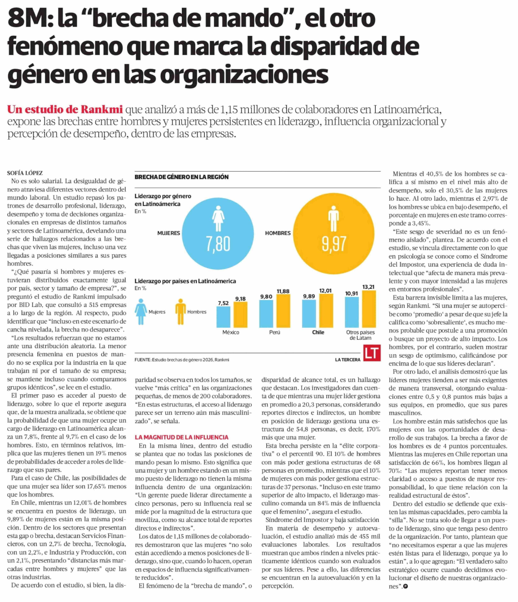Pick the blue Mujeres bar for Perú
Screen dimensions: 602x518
pyautogui.click(x=266, y=314)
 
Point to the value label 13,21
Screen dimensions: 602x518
pyautogui.click(x=368, y=287)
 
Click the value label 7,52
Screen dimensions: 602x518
pyautogui.click(x=223, y=303)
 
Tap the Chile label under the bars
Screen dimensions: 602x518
pyautogui.click(x=318, y=332)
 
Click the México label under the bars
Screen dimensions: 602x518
pyautogui.click(x=231, y=332)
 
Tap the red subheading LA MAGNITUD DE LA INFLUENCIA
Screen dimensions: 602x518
pyautogui.click(x=181, y=437)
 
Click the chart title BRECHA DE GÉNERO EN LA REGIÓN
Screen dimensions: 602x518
pyautogui.click(x=181, y=177)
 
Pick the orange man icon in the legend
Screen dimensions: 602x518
pyautogui.click(x=180, y=312)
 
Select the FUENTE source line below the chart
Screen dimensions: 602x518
pyautogui.click(x=182, y=360)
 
